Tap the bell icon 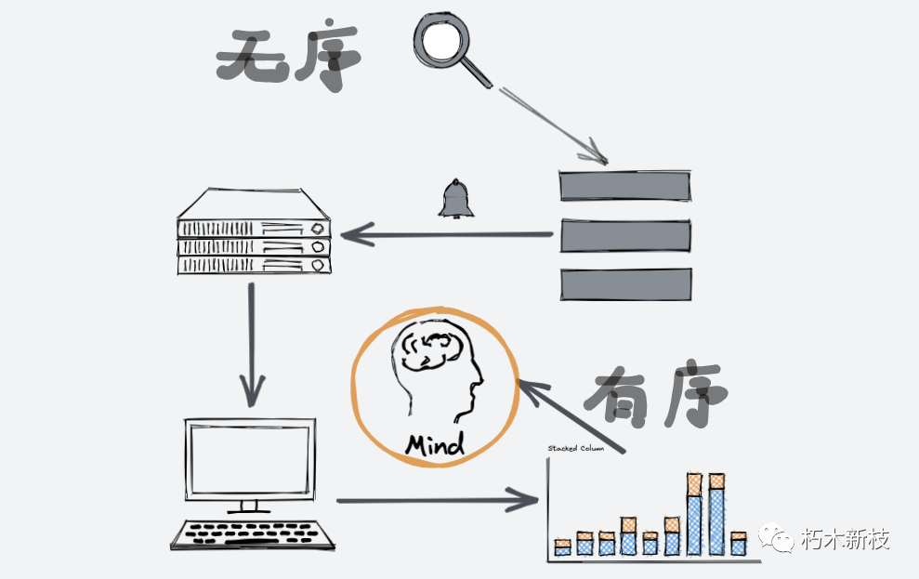pyautogui.click(x=455, y=199)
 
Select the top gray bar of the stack pyautogui.click(x=625, y=186)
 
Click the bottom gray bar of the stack pyautogui.click(x=625, y=284)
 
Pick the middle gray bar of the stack pyautogui.click(x=625, y=235)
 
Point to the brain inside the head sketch pyautogui.click(x=430, y=348)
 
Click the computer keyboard pyautogui.click(x=253, y=534)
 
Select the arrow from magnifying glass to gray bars pyautogui.click(x=552, y=123)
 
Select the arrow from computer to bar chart pyautogui.click(x=437, y=501)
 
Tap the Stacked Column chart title pyautogui.click(x=575, y=449)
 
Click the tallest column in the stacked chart pyautogui.click(x=716, y=515)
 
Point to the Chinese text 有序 pyautogui.click(x=655, y=397)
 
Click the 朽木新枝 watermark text pyautogui.click(x=845, y=540)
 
